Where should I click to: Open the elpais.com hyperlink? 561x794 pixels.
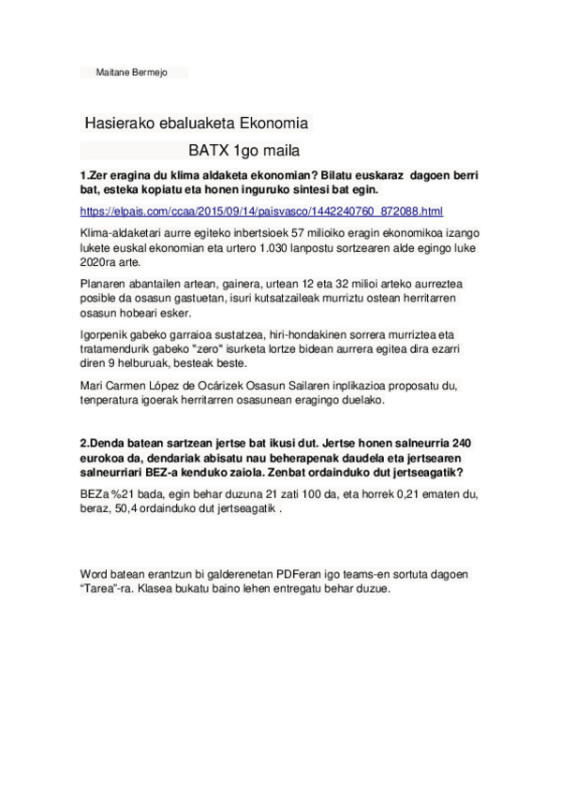click(x=261, y=212)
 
